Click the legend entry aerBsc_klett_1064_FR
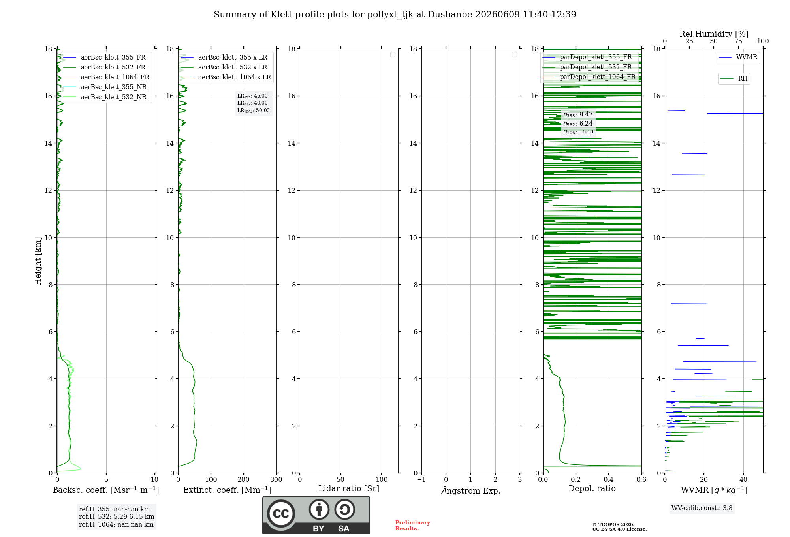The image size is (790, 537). coord(106,77)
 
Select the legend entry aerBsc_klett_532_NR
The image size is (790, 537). coord(105,97)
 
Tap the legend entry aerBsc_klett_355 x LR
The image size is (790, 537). coord(224,57)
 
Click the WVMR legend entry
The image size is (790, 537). coord(738,57)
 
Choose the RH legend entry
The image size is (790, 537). coord(734,79)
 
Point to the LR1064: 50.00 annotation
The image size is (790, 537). coord(253,111)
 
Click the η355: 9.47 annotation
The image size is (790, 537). coord(578,115)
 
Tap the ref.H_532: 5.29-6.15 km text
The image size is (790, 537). coord(117,516)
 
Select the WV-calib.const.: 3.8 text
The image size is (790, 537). coord(702,508)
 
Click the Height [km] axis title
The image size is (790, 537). coord(38,261)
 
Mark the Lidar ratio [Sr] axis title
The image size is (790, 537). coord(349,488)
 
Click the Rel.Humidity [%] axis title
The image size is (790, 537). coord(714,34)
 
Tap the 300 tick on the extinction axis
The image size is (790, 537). coord(276,479)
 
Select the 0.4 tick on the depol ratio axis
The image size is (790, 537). coord(609,479)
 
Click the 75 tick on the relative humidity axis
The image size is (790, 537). coord(738,41)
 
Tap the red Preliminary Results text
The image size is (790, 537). coord(413,526)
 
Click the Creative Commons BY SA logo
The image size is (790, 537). coord(316,515)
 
